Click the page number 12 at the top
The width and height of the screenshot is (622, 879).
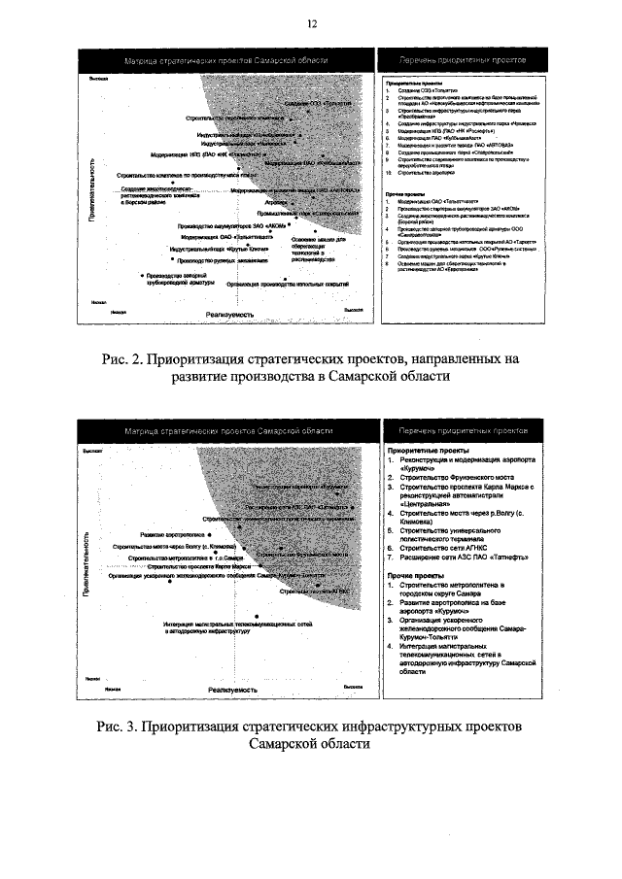tap(311, 23)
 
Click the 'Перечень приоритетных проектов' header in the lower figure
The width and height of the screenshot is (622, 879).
tap(456, 429)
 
